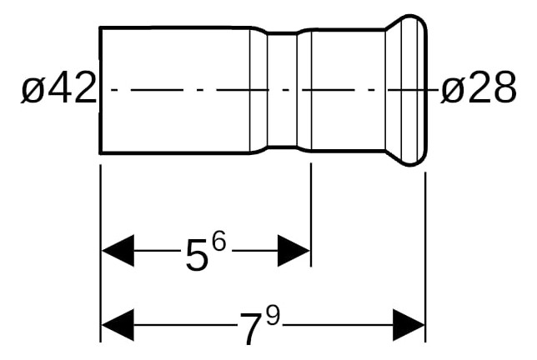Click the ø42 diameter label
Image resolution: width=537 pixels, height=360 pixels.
58,89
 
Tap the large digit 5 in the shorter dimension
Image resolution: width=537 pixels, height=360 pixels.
197,256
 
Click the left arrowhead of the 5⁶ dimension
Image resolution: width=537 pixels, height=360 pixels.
117,250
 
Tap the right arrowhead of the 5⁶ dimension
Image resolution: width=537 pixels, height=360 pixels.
294,250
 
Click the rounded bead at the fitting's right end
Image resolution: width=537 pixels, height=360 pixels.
414,89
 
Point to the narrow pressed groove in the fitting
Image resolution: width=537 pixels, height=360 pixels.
282,89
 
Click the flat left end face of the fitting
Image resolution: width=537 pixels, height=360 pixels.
101,89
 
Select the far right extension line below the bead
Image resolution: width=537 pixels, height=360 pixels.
426,250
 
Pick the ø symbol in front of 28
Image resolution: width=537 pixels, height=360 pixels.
451,89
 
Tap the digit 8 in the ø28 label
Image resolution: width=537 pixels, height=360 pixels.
503,89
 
